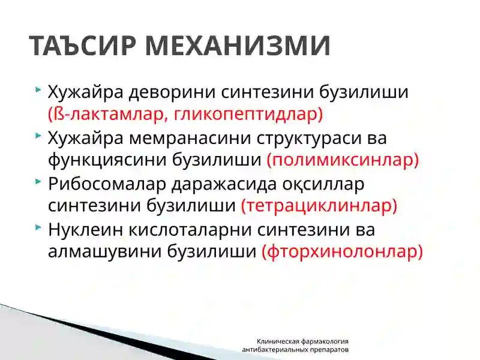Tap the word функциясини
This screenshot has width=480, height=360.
point(94,160)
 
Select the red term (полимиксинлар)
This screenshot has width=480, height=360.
point(342,160)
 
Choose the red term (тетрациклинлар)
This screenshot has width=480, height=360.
point(319,205)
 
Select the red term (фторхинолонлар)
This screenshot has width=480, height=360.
point(342,251)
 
